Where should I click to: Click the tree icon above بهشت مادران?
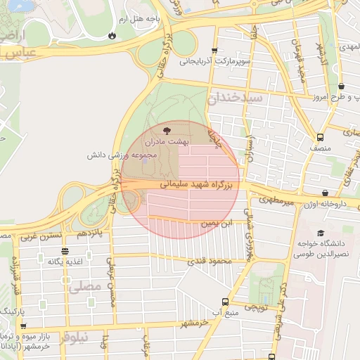pos(166,130)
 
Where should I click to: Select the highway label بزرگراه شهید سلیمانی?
pos(200,185)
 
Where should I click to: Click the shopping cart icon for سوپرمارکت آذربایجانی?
pos(214,50)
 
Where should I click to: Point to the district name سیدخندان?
pos(236,98)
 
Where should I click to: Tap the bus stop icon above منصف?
pos(321,137)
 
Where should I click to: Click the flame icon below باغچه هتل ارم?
pos(112,34)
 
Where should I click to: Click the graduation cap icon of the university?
pos(321,233)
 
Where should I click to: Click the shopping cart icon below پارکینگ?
pos(24,326)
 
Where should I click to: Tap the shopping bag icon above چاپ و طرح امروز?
pos(341,86)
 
